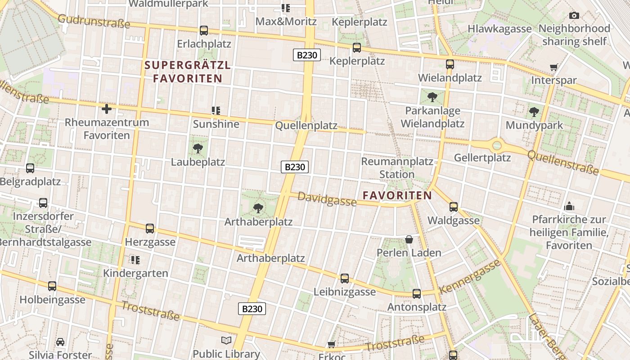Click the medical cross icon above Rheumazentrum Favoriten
click(107, 109)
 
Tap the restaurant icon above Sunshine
click(216, 110)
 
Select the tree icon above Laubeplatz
click(198, 148)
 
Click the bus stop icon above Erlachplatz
click(204, 31)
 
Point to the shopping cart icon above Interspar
click(554, 67)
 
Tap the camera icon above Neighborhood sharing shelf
click(574, 16)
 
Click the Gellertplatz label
click(482, 158)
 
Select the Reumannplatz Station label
click(397, 168)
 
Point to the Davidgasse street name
click(327, 199)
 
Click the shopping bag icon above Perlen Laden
click(409, 239)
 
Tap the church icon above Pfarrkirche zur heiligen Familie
click(569, 207)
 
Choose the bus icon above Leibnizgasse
click(345, 279)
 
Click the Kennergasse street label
click(470, 276)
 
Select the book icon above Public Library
click(226, 341)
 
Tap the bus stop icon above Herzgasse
click(150, 229)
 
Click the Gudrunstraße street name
click(94, 21)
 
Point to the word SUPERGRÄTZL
click(188, 65)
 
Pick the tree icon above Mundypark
click(534, 112)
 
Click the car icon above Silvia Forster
click(60, 342)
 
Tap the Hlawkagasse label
click(499, 29)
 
